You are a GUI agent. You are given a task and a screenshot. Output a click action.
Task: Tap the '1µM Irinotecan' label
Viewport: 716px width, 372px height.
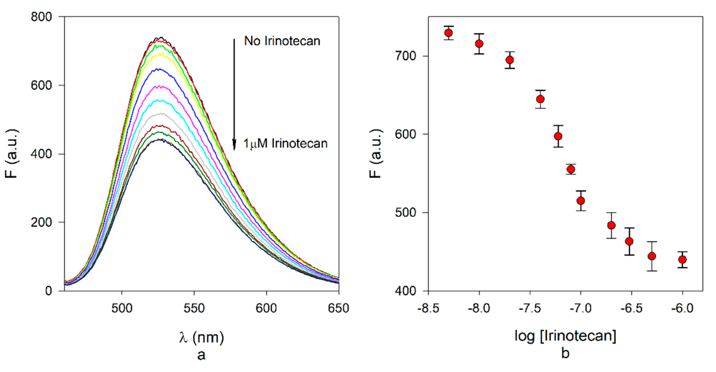pos(285,144)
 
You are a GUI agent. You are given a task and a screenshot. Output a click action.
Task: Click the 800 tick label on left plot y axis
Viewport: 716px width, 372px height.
pos(41,17)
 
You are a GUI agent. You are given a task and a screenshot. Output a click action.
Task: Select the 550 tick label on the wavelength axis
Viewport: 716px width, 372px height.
pos(194,308)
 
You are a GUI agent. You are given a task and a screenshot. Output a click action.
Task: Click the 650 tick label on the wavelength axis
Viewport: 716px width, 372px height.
pos(338,308)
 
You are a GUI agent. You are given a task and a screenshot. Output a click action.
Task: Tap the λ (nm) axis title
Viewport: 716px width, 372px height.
pos(201,337)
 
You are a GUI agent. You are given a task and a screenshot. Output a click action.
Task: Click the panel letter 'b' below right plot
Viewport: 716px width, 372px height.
pos(565,353)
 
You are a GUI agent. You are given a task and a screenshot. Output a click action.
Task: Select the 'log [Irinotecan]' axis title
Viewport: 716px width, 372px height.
pos(565,336)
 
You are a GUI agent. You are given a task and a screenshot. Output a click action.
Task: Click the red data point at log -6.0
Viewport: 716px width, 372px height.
pos(682,259)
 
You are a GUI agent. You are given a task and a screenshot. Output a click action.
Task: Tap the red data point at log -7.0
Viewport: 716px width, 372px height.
pos(581,201)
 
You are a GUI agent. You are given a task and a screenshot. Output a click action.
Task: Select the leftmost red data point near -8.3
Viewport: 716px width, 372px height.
pos(448,33)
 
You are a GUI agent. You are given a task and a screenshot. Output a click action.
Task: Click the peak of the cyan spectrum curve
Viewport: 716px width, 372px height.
pos(158,100)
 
